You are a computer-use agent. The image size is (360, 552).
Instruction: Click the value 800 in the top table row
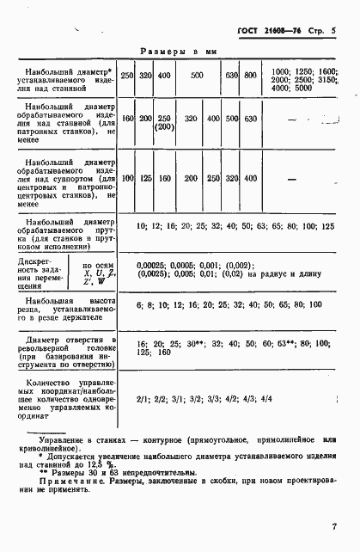(250, 76)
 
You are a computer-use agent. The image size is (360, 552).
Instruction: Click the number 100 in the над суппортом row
(128, 179)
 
